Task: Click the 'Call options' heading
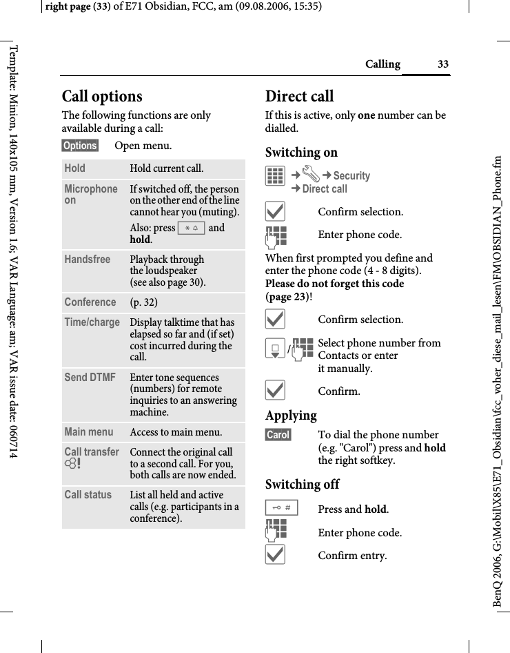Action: pos(102,97)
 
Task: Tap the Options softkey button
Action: pos(80,146)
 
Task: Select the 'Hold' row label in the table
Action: pos(75,168)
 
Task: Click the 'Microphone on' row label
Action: pos(91,195)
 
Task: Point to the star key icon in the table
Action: pos(191,228)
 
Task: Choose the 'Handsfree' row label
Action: pos(88,260)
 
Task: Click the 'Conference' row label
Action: pos(90,302)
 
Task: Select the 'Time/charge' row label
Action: pos(92,322)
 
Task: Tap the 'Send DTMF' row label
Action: pos(90,378)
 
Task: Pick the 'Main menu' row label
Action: pos(89,432)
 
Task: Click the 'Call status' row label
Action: pos(88,495)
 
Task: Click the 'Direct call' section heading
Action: pos(299,97)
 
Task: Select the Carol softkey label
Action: pos(278,435)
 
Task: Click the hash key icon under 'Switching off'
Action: pos(281,509)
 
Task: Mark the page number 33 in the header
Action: pos(442,65)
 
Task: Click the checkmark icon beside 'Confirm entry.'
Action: pos(275,555)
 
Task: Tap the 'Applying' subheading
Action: pos(291,416)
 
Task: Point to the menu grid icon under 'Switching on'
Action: pos(275,176)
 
